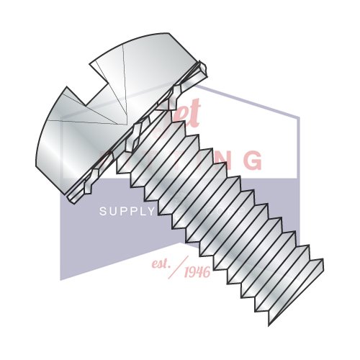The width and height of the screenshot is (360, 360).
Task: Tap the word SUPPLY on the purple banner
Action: click(127, 211)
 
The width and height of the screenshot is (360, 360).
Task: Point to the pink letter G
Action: click(252, 159)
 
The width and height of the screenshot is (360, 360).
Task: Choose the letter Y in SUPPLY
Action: click(151, 211)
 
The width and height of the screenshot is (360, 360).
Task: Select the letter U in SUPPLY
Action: click(112, 211)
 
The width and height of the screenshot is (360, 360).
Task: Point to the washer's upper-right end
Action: click(206, 68)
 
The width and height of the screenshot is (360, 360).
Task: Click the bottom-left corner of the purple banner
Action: click(60, 279)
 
